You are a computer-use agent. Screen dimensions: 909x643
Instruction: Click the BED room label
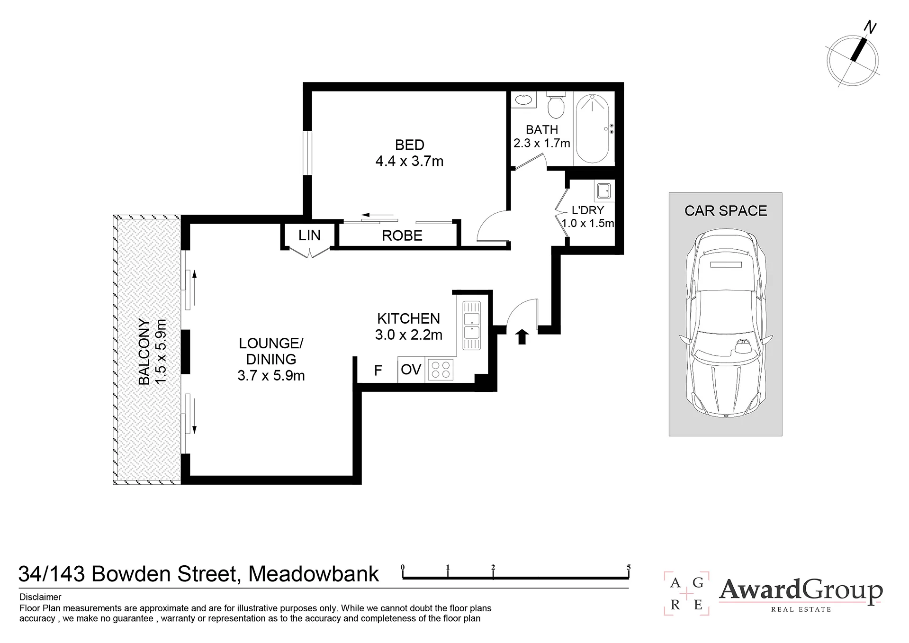click(410, 145)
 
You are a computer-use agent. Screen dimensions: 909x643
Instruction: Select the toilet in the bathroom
click(556, 104)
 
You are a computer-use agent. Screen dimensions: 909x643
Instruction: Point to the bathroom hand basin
click(523, 100)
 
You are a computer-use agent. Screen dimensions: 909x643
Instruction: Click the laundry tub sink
click(603, 191)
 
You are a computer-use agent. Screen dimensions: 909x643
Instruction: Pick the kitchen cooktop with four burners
click(441, 370)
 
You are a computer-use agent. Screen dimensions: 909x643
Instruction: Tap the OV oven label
click(411, 370)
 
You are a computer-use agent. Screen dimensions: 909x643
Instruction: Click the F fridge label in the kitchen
click(378, 370)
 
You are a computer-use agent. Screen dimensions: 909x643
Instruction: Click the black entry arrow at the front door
click(522, 337)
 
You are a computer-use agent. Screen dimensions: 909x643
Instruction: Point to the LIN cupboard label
click(309, 235)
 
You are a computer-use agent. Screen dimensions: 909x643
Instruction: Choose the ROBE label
click(402, 235)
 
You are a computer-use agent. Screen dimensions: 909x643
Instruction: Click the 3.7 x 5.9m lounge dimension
click(271, 376)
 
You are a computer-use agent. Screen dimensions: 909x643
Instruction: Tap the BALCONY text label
click(144, 352)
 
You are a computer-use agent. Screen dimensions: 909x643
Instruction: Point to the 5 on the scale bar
click(629, 567)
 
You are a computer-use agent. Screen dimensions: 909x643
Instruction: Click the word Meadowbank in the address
click(314, 574)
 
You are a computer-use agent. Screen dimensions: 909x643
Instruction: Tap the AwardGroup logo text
click(801, 591)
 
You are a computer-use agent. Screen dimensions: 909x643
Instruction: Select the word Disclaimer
click(40, 598)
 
